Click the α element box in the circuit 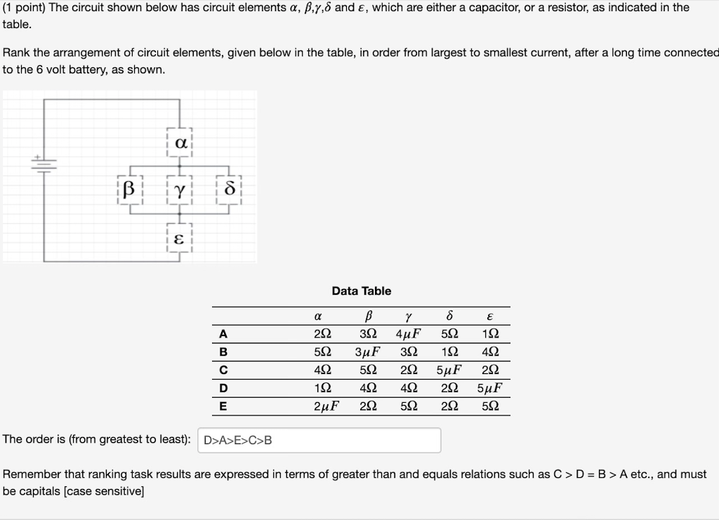click(180, 143)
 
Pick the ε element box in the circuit click(180, 239)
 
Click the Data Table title click(361, 291)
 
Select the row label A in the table click(223, 334)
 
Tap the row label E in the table click(223, 406)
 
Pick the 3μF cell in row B click(367, 352)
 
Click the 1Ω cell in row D click(324, 388)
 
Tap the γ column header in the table click(408, 316)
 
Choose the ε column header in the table click(489, 316)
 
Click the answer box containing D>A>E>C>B click(319, 440)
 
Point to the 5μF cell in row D click(489, 388)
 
